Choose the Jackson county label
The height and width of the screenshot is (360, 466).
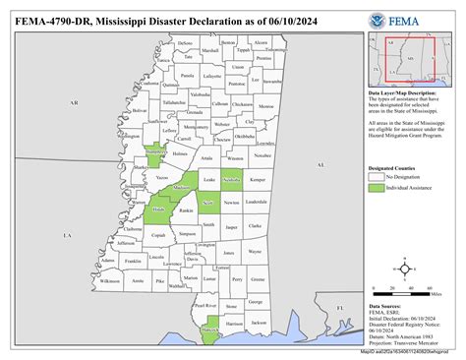[x=259, y=322]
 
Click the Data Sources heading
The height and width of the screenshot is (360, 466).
[x=387, y=308]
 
